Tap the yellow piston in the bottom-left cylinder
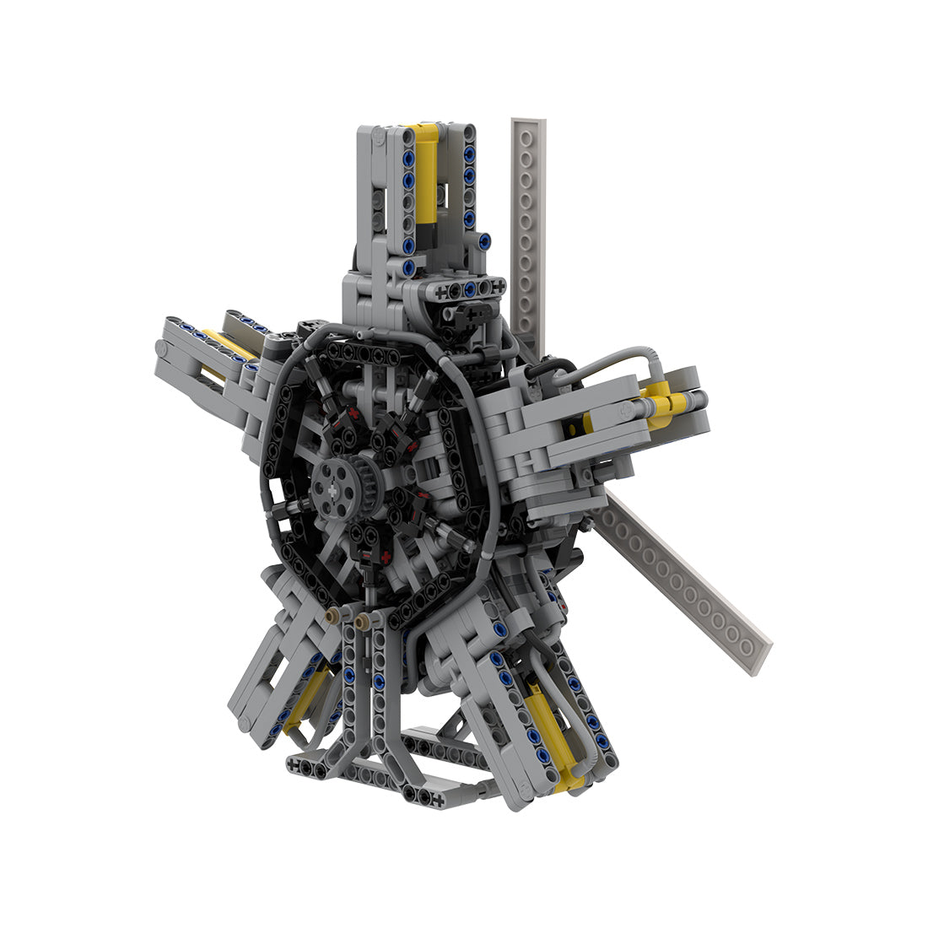[307, 696]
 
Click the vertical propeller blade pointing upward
[528, 228]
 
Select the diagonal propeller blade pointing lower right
[683, 582]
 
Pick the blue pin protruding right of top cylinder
[484, 242]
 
